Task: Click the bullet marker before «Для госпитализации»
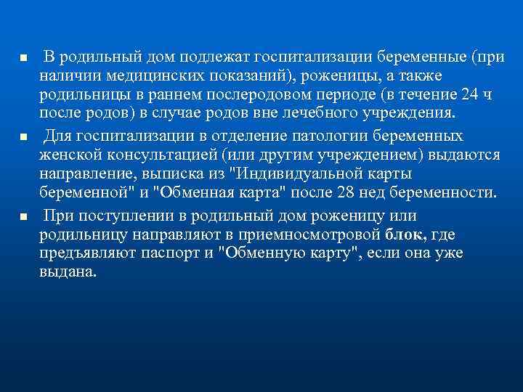click(24, 136)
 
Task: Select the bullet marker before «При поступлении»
click(24, 216)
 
